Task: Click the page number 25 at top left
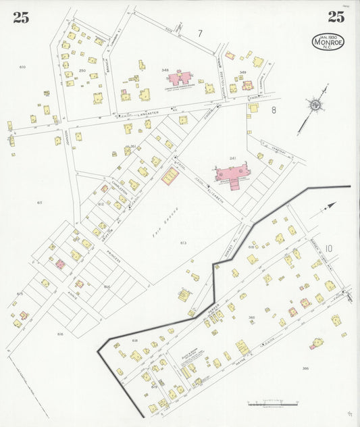(21, 18)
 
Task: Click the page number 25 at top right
(336, 18)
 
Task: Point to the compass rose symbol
(315, 105)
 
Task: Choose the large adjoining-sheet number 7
(200, 33)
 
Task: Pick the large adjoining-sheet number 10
(328, 249)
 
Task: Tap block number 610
(22, 67)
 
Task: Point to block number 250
(82, 70)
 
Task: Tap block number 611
(40, 203)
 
